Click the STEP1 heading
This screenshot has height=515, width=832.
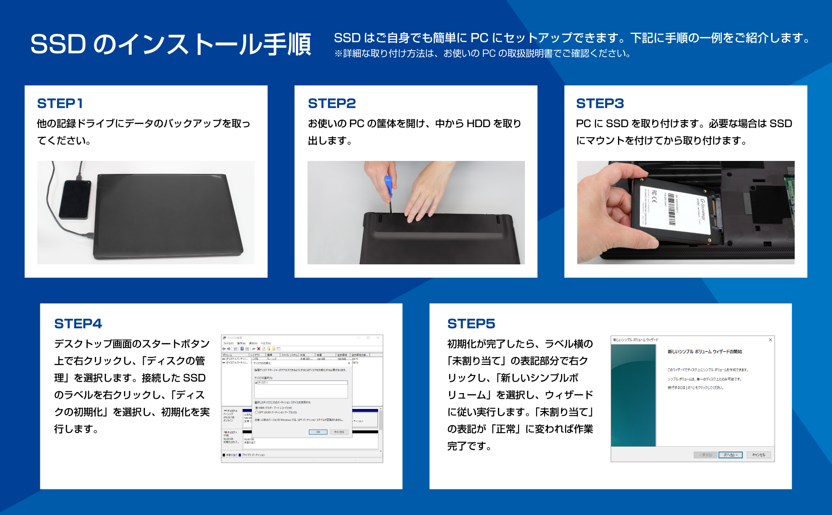click(60, 103)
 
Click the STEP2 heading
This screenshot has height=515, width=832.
click(332, 103)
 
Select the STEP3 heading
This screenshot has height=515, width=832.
click(600, 103)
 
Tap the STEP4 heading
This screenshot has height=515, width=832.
click(78, 324)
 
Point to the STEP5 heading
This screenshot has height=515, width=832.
click(471, 324)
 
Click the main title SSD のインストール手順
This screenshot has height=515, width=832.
click(170, 44)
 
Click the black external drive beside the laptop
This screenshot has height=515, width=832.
click(75, 200)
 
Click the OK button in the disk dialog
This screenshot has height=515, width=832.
click(318, 432)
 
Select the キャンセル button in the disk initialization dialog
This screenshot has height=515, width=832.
click(339, 432)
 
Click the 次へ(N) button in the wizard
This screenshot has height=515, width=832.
click(730, 455)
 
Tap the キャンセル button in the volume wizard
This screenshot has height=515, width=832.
click(758, 455)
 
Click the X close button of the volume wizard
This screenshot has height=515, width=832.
click(770, 340)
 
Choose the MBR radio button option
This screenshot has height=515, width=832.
click(256, 408)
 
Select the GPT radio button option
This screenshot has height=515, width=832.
click(256, 412)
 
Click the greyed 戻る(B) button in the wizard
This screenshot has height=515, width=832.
click(705, 455)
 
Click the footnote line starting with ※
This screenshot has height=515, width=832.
click(482, 54)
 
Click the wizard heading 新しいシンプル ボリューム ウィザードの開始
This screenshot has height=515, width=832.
click(704, 351)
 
